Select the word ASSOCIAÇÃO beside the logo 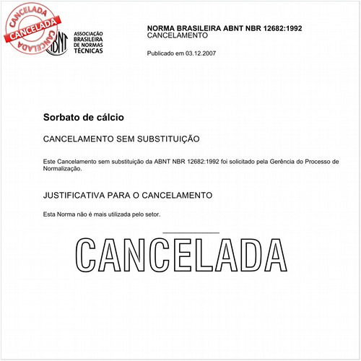click(x=89, y=34)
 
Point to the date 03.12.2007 click(x=201, y=53)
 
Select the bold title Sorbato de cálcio click(x=84, y=116)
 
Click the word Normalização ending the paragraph click(x=63, y=169)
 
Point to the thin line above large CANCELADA click(x=191, y=232)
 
